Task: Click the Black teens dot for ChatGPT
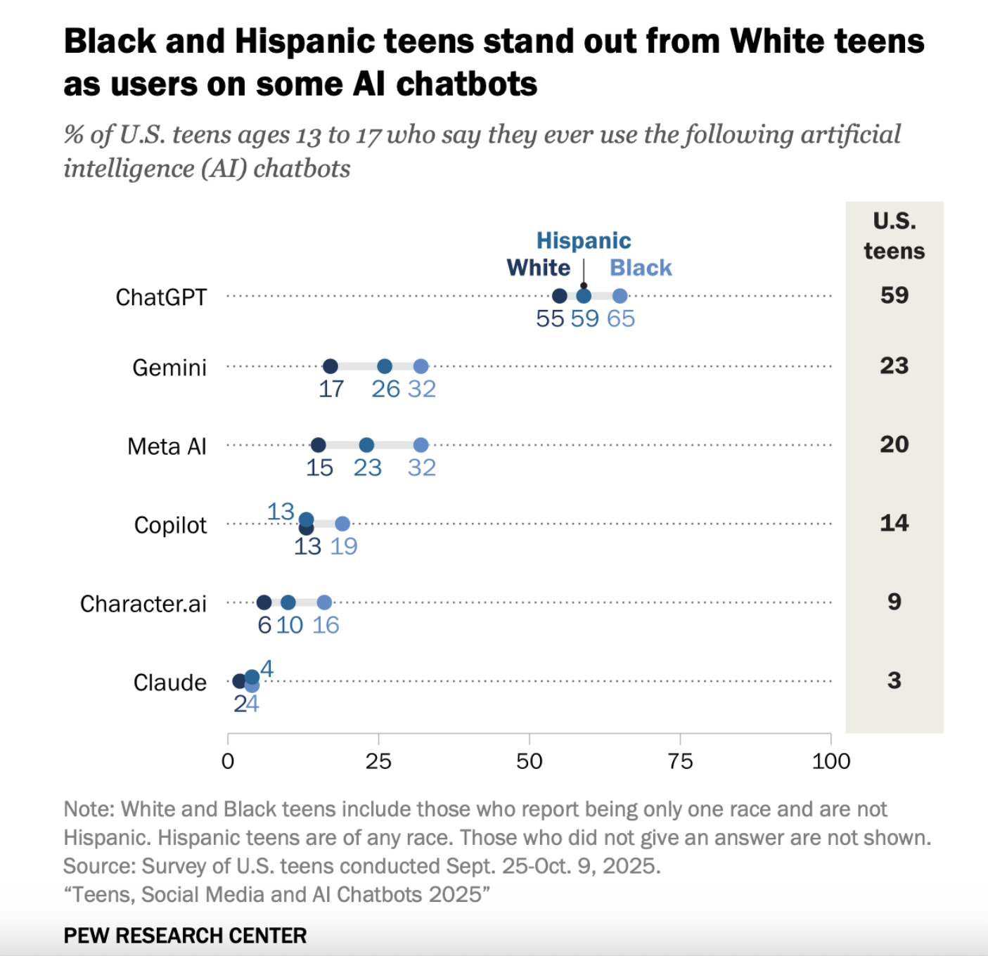620,296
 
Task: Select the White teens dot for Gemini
331,366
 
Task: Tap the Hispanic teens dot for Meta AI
366,445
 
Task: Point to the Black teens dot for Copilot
342,524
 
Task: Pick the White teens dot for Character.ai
264,602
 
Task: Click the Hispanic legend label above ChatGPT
584,240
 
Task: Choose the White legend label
538,268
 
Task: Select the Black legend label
641,268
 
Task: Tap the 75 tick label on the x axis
680,761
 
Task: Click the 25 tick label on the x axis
378,761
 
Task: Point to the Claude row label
170,683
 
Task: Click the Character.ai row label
143,604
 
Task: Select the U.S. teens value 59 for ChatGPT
894,295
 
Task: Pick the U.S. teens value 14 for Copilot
894,523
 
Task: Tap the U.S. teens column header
894,236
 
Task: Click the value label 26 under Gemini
385,389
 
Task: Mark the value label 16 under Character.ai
326,625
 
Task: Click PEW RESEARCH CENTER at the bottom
185,936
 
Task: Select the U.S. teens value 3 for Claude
894,680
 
